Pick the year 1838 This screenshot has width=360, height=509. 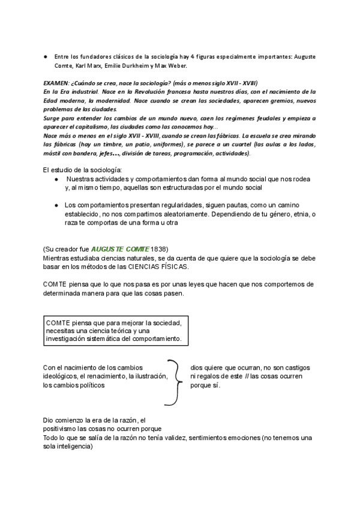tap(159, 249)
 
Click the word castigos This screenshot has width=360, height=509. tap(289, 367)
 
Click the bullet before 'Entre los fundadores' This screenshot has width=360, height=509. tap(46, 56)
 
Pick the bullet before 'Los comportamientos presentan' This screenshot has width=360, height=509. tap(56, 205)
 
